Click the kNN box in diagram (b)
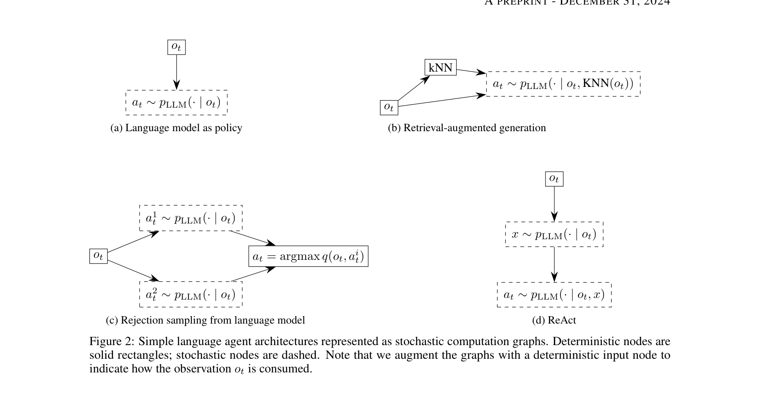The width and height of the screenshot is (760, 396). pos(440,67)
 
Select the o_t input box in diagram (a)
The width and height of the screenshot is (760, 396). pos(176,47)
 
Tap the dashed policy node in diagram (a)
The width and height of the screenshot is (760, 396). pos(176,102)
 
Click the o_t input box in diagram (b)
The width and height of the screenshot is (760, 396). pos(389,107)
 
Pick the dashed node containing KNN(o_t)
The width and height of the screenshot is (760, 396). pos(563,84)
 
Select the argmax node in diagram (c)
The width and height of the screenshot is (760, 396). pos(308,257)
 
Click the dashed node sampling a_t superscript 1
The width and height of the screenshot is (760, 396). pos(190,218)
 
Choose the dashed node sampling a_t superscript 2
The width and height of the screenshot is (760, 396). pos(190,294)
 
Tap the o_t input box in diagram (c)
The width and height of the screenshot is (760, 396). pos(98,256)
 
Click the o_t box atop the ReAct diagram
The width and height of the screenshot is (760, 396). pos(554,179)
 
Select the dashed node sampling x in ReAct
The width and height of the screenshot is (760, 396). pos(554,235)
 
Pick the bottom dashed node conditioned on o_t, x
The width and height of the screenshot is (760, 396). pos(554,295)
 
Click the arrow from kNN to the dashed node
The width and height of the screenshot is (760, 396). pos(471,72)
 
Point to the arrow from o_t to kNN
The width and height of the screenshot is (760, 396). pos(413,89)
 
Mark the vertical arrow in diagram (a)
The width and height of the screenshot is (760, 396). pos(176,72)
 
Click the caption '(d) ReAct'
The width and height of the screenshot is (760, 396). pos(554,320)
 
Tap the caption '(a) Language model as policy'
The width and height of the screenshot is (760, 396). pos(176,128)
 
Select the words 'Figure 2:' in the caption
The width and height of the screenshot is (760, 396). pos(111,342)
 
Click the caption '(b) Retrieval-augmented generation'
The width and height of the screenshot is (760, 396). pos(467,128)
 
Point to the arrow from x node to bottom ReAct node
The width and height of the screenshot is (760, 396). pos(554,265)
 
